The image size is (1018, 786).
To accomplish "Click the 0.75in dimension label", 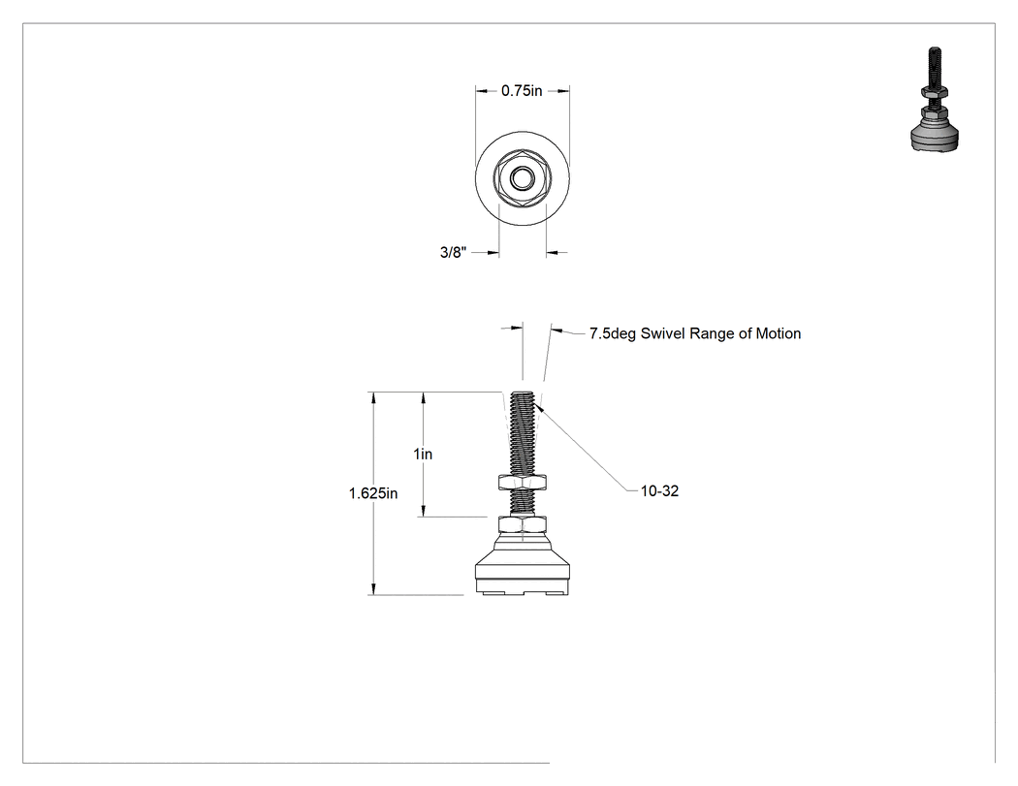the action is pos(522,91).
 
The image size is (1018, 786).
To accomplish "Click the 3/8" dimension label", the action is pos(453,252).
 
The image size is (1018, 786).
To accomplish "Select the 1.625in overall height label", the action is pos(373,493).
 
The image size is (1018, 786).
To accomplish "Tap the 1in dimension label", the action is pos(423,454).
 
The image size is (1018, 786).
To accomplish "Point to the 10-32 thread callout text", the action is pos(659,490).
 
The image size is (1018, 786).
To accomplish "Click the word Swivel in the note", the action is pos(663,333).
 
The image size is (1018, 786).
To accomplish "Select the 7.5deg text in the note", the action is pos(612,333).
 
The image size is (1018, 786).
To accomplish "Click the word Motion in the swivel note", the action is pos(778,333).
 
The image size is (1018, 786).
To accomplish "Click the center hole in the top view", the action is pos(522,177).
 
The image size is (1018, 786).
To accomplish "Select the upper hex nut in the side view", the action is pos(522,483).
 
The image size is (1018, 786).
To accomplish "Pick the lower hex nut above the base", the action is pos(522,524).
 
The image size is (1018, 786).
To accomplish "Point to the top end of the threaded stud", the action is pos(522,393).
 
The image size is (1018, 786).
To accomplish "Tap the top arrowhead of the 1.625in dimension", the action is pos(373,396).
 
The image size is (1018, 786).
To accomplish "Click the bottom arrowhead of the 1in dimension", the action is pos(424,512).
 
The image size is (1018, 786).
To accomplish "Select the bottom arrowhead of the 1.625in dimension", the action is pos(373,589).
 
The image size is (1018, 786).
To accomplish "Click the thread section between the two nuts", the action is pos(522,503).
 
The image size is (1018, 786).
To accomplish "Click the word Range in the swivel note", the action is pos(713,333).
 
